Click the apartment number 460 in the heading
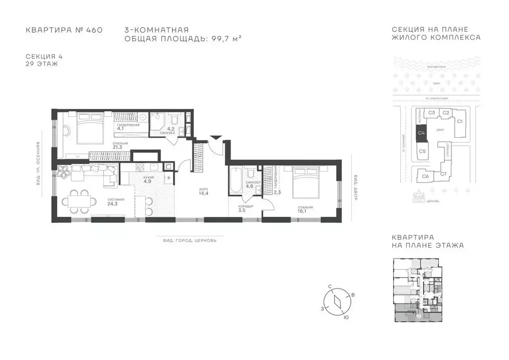(94, 30)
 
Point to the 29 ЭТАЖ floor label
(42, 64)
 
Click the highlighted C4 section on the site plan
(421, 133)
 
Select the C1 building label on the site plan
(460, 121)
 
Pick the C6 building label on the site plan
(425, 176)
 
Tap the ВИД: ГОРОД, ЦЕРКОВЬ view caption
(189, 240)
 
